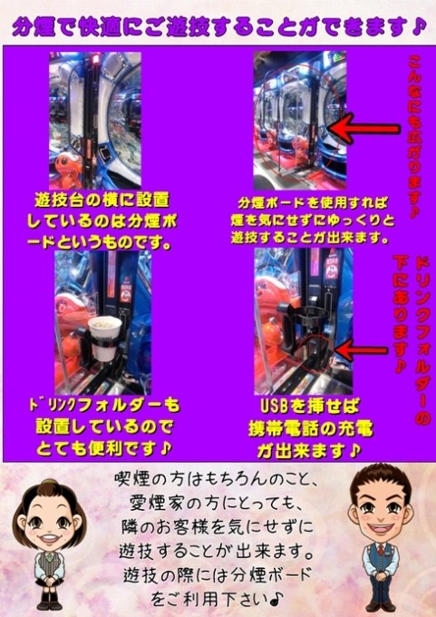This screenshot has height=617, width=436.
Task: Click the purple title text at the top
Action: pos(218,27)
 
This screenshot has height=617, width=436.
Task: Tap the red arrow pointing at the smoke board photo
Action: pos(364,128)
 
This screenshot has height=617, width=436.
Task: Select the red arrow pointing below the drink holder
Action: pos(361,351)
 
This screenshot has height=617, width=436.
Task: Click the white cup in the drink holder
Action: pos(104,338)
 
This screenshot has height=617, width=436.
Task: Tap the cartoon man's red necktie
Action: pos(381,549)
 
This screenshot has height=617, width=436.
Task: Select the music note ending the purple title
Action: pos(418,27)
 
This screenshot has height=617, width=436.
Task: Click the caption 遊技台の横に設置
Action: pos(102,200)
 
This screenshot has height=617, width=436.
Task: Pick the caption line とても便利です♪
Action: pos(103,448)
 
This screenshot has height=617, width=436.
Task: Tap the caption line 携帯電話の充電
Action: pos(310,429)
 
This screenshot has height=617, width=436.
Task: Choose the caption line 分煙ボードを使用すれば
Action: pos(313,202)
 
